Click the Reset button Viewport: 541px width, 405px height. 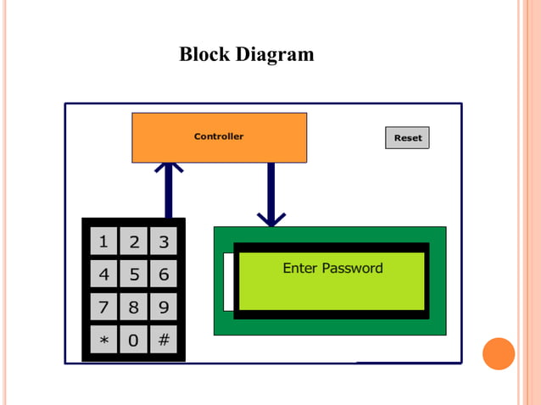tap(407, 137)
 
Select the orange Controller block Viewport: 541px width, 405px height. tap(219, 137)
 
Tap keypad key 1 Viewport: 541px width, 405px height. tap(103, 242)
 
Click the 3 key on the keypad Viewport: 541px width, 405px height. tap(164, 242)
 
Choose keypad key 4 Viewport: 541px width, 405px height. tap(103, 275)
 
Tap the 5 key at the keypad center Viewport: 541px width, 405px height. tap(134, 275)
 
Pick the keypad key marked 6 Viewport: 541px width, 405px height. tap(164, 275)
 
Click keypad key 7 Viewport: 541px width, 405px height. tap(103, 307)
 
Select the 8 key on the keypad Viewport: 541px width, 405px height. tap(134, 307)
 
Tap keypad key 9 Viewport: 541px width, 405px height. tap(164, 307)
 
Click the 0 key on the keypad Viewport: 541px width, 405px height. tap(134, 340)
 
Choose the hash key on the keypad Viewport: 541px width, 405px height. tap(164, 340)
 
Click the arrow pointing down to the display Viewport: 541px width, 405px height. tap(271, 195)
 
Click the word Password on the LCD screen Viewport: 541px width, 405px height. tap(351, 269)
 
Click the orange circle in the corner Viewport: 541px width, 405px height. tap(499, 353)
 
